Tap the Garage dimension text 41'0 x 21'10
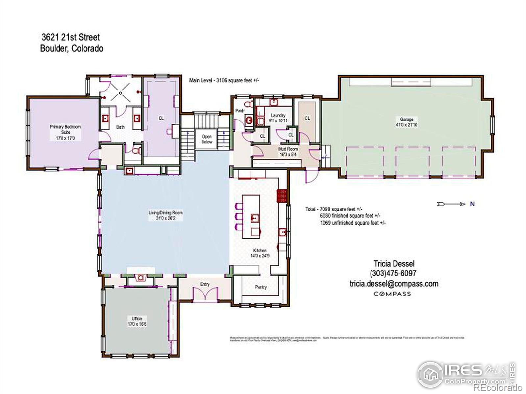[407, 125]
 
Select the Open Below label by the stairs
[207, 139]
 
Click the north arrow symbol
[451, 204]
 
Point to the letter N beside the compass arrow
[472, 204]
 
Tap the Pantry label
[261, 287]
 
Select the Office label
[137, 318]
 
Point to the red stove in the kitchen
[282, 196]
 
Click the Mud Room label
[288, 149]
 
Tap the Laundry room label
[278, 115]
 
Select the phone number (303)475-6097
[393, 273]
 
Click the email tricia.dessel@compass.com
[394, 283]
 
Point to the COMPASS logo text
[392, 294]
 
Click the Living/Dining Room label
[165, 213]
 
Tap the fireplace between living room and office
[141, 278]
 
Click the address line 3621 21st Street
[71, 37]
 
